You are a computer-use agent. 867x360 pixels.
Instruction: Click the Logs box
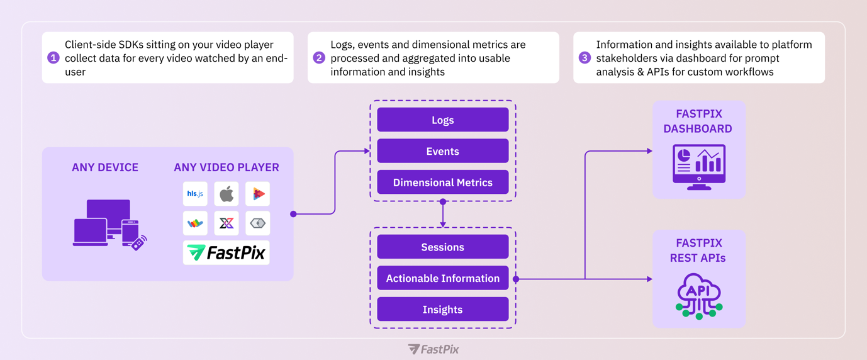[442, 120]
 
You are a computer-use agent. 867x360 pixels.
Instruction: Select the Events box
[442, 151]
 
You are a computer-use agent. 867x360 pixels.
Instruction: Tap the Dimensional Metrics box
[442, 183]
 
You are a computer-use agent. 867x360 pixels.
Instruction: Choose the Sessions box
[442, 247]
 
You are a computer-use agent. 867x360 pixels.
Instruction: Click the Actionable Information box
[442, 278]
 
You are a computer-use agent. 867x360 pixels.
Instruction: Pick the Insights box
[442, 309]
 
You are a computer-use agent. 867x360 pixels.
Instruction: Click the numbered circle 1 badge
[53, 58]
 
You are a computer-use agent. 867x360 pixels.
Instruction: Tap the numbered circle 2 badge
[319, 58]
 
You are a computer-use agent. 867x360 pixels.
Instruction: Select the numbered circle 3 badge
[585, 58]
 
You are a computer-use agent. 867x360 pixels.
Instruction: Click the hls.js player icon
[195, 194]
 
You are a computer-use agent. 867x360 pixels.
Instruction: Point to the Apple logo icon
[227, 194]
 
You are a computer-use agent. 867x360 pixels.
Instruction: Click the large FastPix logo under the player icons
[227, 252]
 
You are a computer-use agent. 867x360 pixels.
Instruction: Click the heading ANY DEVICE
[105, 167]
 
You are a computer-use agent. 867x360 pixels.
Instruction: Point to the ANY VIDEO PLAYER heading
[227, 167]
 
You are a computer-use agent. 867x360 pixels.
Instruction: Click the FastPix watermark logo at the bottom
[433, 349]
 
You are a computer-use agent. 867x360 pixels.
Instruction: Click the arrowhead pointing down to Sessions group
[443, 223]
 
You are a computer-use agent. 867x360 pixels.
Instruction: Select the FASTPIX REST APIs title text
[698, 250]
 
